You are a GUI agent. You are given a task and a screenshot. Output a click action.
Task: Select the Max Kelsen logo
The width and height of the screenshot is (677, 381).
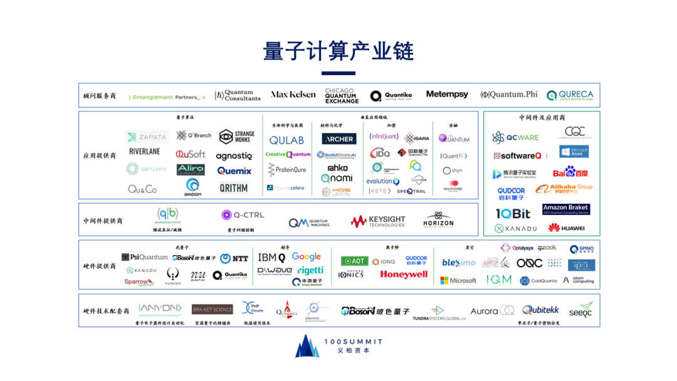pyautogui.click(x=293, y=95)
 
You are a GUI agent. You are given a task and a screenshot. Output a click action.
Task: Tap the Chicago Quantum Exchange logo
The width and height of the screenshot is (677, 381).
pyautogui.click(x=342, y=95)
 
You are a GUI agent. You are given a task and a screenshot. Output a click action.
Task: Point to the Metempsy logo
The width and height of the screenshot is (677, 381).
pyautogui.click(x=447, y=95)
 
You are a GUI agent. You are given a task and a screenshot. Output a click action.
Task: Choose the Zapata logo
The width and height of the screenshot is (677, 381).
pyautogui.click(x=147, y=137)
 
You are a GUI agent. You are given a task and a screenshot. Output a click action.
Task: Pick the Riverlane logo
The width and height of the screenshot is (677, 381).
pyautogui.click(x=145, y=152)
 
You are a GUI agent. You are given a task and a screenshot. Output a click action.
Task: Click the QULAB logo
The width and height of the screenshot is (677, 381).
pyautogui.click(x=286, y=140)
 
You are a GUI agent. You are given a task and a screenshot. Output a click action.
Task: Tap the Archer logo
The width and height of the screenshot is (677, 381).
pyautogui.click(x=339, y=139)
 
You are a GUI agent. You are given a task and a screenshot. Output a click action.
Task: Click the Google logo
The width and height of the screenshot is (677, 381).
pyautogui.click(x=307, y=257)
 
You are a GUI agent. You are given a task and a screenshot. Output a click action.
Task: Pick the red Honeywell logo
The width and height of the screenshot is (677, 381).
pyautogui.click(x=404, y=274)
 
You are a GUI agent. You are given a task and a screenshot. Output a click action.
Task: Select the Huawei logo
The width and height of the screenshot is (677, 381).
pyautogui.click(x=566, y=228)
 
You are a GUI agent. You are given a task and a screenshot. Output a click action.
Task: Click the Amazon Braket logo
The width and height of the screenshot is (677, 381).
pyautogui.click(x=565, y=209)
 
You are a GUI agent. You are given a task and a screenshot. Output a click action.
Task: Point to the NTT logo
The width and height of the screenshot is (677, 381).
pyautogui.click(x=234, y=258)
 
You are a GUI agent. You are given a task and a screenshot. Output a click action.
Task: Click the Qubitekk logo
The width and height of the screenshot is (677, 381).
pyautogui.click(x=540, y=310)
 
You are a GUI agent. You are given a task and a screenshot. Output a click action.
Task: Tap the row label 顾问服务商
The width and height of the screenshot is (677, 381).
pyautogui.click(x=100, y=96)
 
